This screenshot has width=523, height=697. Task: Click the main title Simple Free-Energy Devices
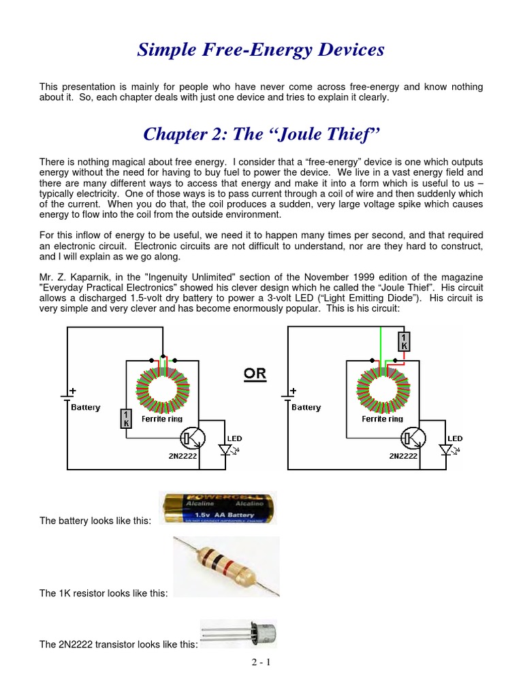tap(261, 50)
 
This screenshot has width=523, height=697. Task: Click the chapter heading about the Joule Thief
tap(261, 134)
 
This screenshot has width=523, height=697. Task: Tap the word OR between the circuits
tap(255, 374)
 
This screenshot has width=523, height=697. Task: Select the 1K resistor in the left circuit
tap(125, 419)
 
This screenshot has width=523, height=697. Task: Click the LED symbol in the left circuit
tap(225, 449)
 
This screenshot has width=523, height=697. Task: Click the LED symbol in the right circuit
tap(447, 449)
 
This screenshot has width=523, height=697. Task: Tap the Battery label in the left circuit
tap(85, 408)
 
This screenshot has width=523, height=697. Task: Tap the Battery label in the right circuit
tap(306, 408)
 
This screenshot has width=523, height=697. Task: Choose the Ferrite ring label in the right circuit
tap(383, 419)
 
